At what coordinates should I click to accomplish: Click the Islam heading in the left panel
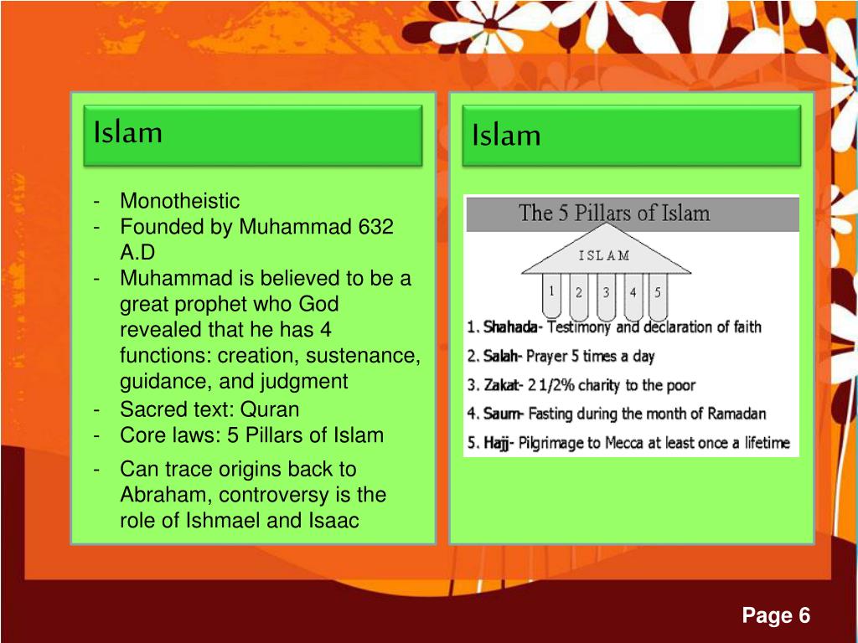point(128,131)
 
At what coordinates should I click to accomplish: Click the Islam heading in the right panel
point(506,135)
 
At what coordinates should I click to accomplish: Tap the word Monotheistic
point(179,201)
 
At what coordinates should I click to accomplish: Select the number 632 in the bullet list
point(376,227)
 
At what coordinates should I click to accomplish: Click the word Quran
point(270,409)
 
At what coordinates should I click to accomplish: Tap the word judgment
point(307,382)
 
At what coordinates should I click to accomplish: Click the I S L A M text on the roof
point(605,256)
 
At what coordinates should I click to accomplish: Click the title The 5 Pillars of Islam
point(615,213)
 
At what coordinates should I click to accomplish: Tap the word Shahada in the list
point(510,327)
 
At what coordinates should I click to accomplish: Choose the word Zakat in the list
point(501,385)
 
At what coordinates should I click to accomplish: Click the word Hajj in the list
point(497,442)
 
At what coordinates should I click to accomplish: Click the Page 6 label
point(776,616)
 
